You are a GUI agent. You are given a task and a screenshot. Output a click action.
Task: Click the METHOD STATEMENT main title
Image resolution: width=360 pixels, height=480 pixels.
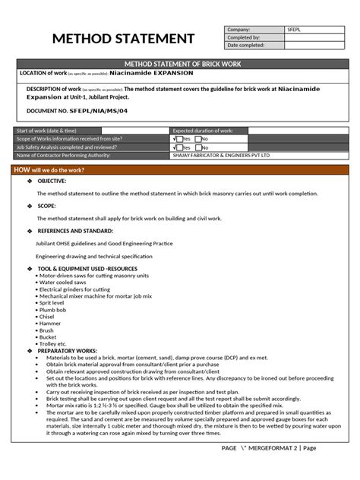122,39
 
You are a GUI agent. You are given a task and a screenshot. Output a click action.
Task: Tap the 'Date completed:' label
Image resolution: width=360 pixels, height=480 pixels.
245,44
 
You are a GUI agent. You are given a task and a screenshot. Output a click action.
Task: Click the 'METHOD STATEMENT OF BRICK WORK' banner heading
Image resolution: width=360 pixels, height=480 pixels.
180,65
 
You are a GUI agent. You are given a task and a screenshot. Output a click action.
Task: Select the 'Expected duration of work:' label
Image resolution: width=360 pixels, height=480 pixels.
205,131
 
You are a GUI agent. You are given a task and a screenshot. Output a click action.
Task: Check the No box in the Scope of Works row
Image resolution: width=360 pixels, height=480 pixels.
199,140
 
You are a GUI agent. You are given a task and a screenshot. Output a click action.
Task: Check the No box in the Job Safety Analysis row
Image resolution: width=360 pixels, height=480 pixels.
199,147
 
